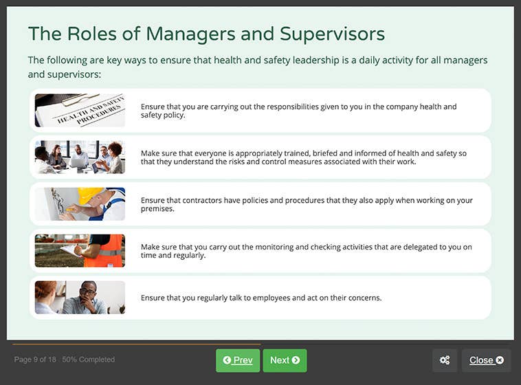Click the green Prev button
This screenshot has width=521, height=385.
(238, 360)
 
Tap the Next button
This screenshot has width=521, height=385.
(285, 360)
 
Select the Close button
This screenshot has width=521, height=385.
(486, 360)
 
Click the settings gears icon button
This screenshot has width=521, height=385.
(445, 360)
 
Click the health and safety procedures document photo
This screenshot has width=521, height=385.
(80, 111)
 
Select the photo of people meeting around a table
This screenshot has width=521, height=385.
(80, 157)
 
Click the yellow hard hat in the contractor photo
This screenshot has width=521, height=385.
(90, 194)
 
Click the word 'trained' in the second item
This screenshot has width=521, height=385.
(295, 153)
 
